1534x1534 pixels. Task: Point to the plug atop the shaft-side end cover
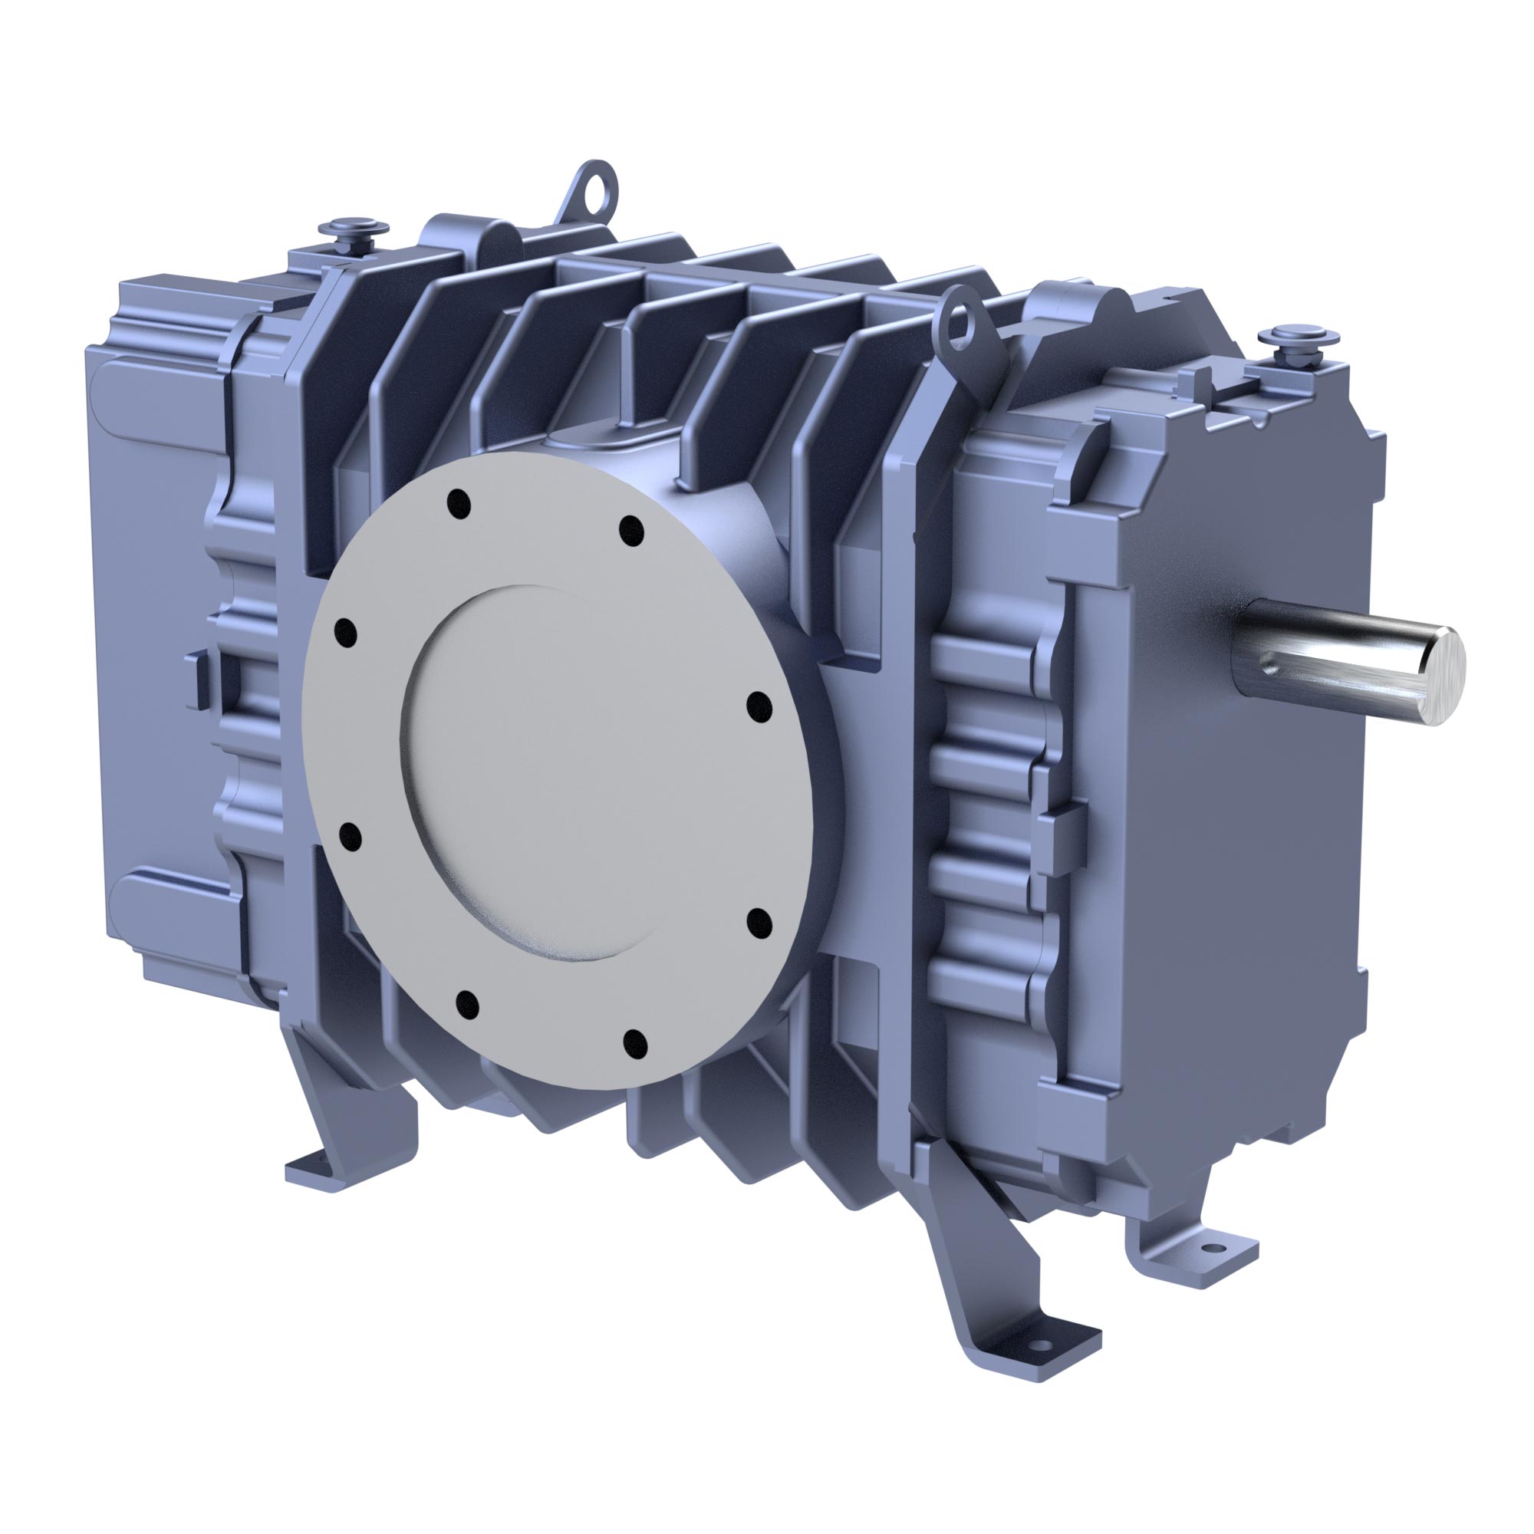pos(1299,338)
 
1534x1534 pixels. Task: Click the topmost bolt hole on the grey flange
pos(458,503)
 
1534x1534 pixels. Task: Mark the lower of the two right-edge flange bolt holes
pos(760,923)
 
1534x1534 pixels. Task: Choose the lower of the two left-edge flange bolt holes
pos(351,836)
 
